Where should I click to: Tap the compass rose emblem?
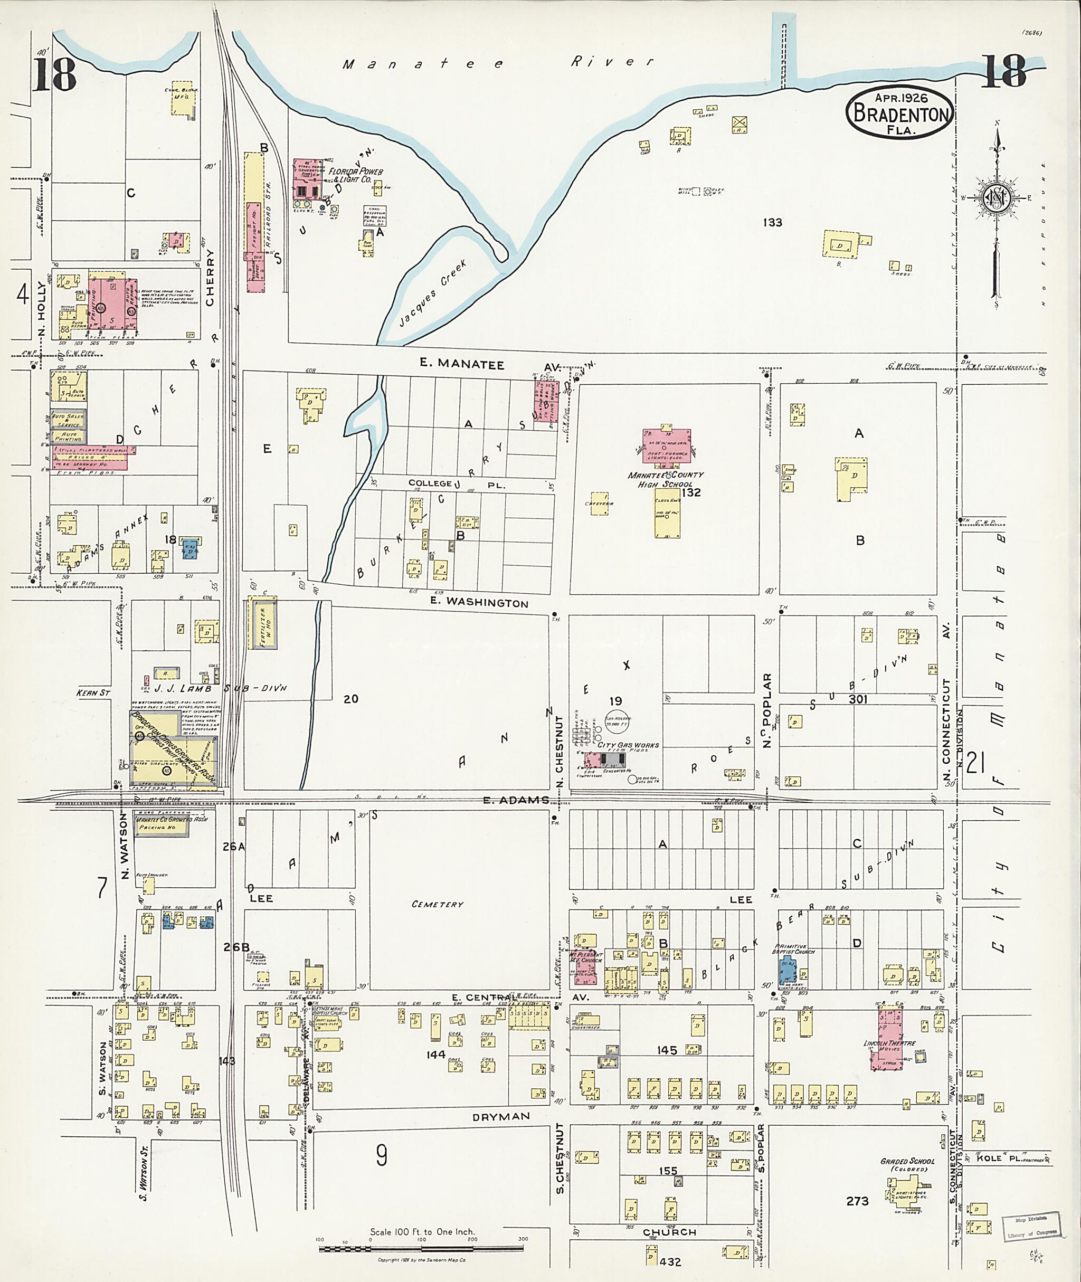[x=994, y=198]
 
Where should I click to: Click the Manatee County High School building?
[x=667, y=445]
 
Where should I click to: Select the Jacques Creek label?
[x=433, y=293]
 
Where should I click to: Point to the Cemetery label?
[x=437, y=904]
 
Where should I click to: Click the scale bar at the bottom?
[x=422, y=1248]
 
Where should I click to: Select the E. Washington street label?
[x=479, y=602]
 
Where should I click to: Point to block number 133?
[x=772, y=222]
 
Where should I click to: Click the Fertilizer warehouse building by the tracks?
[x=263, y=624]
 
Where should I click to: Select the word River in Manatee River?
[x=612, y=61]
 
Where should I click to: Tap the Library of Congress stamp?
[x=1031, y=1226]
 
